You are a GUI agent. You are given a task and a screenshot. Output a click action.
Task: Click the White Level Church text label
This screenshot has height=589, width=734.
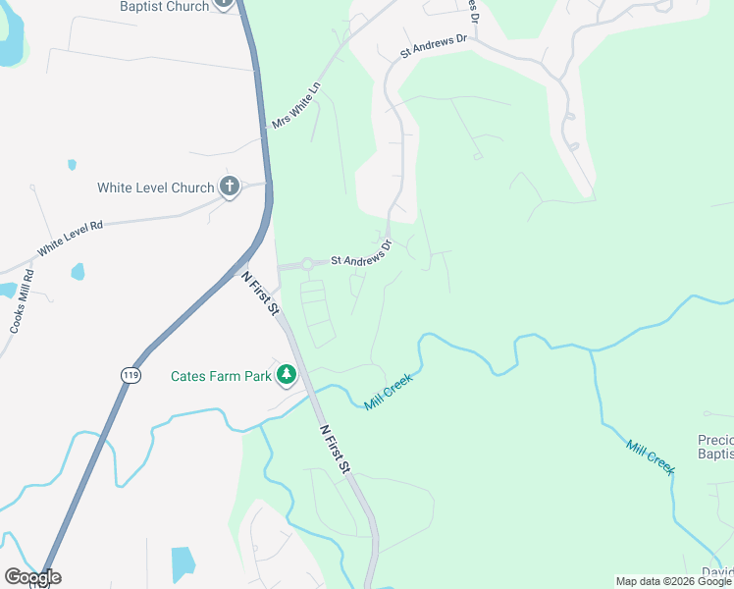155,187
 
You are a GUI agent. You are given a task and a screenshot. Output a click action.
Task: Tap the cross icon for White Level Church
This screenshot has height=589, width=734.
230,187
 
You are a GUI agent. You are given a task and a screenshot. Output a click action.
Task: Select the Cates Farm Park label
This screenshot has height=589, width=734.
221,376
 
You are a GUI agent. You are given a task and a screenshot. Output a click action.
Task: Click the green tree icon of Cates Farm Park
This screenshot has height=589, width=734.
286,375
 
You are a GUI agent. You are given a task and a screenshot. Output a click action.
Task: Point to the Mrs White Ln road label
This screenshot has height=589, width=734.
295,105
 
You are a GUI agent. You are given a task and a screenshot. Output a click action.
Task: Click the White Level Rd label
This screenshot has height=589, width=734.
70,239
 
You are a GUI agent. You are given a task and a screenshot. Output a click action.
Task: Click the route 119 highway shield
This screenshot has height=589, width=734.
130,374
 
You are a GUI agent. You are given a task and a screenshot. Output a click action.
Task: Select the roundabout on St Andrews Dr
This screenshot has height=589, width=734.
307,263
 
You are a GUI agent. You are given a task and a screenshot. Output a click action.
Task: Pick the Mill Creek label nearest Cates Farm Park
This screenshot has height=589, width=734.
389,391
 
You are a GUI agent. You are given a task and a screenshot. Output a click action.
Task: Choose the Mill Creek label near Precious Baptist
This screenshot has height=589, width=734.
650,456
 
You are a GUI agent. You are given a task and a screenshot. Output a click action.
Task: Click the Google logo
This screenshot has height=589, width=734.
32,577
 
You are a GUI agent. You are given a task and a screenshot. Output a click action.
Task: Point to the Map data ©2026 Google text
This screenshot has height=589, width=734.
674,581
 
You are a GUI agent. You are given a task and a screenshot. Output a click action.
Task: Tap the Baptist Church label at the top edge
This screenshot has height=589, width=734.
164,6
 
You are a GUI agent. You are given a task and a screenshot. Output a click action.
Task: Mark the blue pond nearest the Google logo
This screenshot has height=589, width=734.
183,563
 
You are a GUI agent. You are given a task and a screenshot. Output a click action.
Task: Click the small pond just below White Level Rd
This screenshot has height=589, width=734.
78,271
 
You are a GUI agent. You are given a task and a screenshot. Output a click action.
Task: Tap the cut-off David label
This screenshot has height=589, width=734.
717,572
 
